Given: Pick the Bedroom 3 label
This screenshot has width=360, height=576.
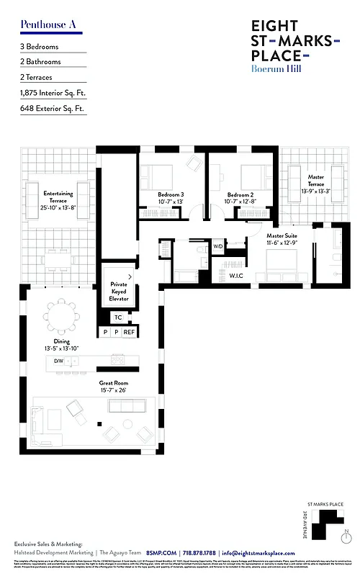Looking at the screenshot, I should click(x=171, y=198).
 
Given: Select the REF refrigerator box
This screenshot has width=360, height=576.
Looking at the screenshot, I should click(x=129, y=332).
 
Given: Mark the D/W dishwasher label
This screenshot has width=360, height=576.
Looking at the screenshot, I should click(x=58, y=360).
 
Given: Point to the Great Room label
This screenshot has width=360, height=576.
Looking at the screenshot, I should click(x=113, y=387).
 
